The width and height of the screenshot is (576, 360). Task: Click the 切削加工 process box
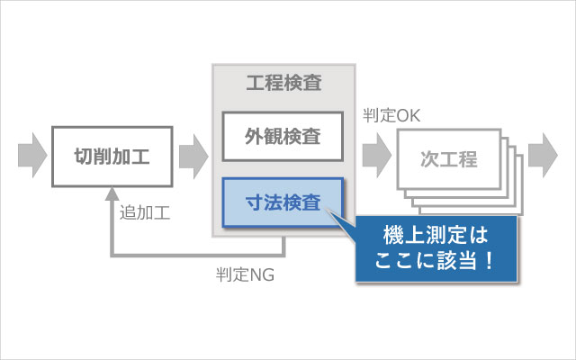(112, 157)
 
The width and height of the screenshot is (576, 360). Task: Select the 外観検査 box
(283, 137)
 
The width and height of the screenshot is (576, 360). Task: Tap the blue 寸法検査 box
(283, 202)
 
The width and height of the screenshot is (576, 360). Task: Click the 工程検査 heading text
(284, 83)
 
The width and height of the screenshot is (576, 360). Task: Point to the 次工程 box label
(449, 159)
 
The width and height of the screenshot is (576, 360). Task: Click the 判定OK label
(391, 116)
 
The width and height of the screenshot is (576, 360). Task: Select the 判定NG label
(245, 274)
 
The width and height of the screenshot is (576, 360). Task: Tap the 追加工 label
(145, 212)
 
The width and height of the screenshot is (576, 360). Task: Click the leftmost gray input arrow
(32, 156)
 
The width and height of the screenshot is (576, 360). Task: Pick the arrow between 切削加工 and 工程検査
(193, 156)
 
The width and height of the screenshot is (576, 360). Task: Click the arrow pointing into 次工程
(377, 156)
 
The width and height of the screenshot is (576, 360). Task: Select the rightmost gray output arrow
(543, 156)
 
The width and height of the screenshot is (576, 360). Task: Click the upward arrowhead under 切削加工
(112, 193)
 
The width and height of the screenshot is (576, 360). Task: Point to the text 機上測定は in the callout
(436, 235)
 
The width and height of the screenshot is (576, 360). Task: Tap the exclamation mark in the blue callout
(489, 260)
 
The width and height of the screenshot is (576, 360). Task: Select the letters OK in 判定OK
(408, 116)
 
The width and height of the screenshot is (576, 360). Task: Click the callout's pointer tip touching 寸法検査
(328, 210)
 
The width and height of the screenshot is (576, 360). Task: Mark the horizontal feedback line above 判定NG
(198, 255)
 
